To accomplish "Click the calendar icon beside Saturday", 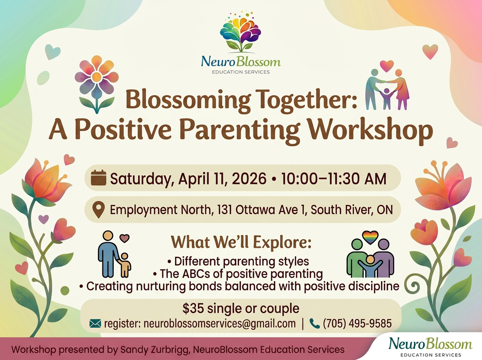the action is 98,178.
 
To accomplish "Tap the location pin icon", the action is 98,210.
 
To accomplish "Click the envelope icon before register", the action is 95,323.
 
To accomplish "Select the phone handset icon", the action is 315,323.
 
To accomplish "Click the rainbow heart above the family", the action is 370,237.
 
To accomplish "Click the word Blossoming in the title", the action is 188,100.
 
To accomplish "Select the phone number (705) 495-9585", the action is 357,323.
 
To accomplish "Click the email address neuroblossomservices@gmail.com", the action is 220,324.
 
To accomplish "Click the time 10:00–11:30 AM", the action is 333,178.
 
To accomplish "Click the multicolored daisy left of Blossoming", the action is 97,84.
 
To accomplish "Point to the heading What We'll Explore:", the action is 241,242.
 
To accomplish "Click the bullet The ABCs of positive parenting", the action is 238,274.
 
